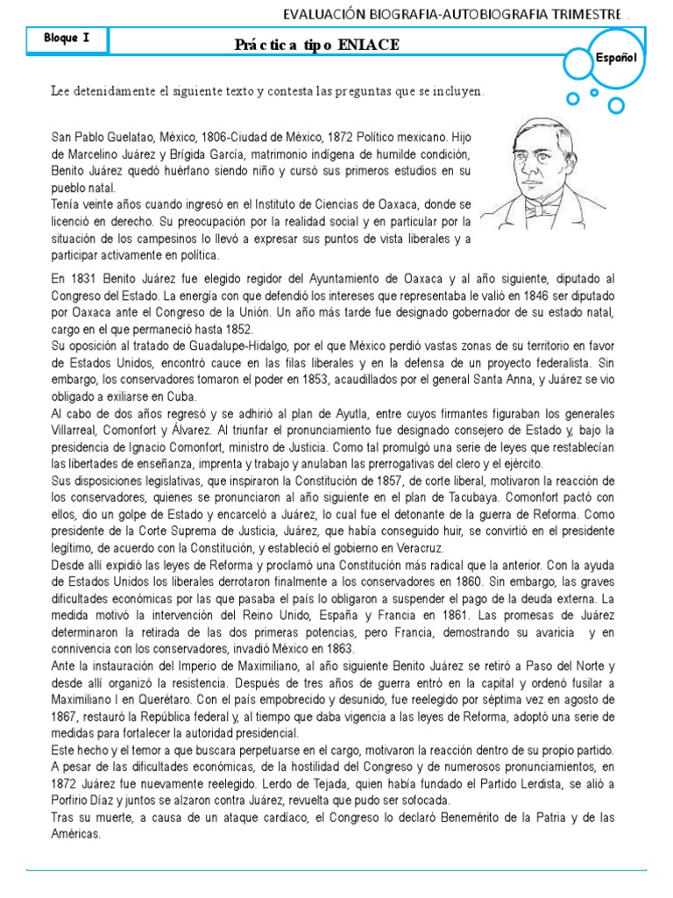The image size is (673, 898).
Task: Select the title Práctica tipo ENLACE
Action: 316,46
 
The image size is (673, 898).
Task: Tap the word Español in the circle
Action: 615,58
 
